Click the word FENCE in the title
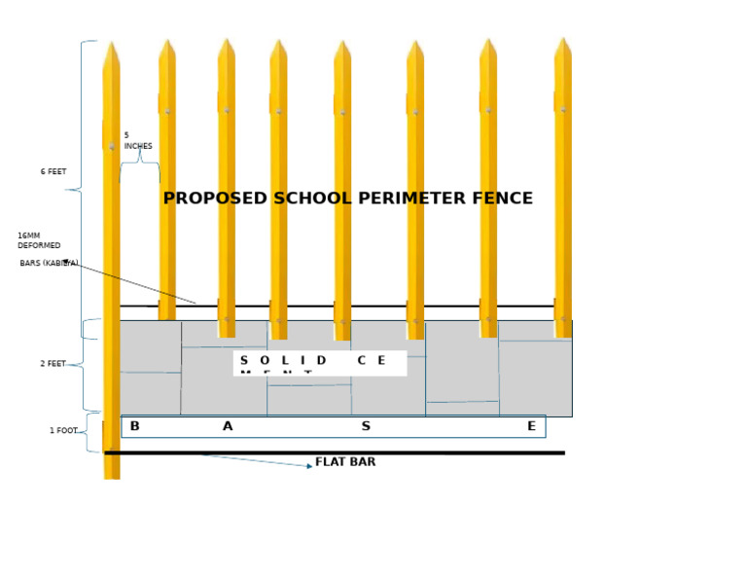[x=502, y=199]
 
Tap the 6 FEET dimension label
[x=53, y=172]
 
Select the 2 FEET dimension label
[x=53, y=364]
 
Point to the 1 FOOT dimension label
[x=63, y=431]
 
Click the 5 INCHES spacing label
[x=137, y=141]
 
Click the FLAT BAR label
[x=345, y=462]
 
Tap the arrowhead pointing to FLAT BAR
[x=309, y=466]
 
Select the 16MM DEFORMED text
[x=39, y=240]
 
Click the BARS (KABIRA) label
[x=49, y=264]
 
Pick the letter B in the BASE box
[x=134, y=426]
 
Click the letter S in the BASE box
[x=366, y=426]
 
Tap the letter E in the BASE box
[x=531, y=426]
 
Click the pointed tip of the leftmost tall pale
[x=111, y=44]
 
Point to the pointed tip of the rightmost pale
[x=563, y=40]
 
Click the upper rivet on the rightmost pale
[x=563, y=109]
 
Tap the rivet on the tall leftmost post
[x=112, y=146]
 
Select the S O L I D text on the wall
[x=283, y=360]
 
